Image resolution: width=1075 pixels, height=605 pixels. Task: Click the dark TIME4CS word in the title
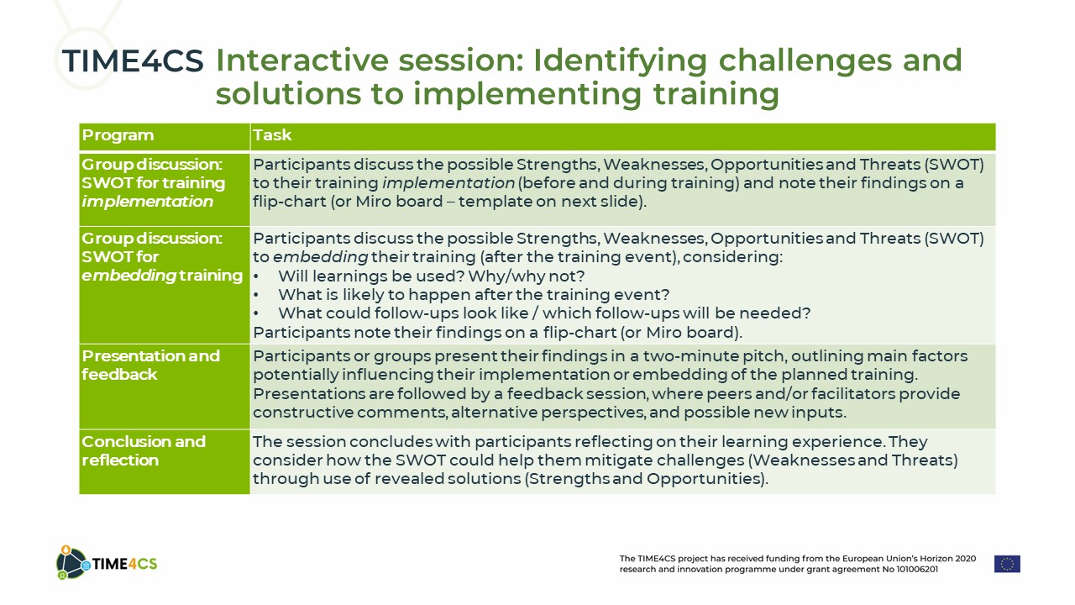(133, 61)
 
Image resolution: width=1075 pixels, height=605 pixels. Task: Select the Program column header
(118, 135)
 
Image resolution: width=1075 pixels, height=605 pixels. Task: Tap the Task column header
(272, 134)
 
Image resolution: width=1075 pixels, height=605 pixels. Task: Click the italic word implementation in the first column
(147, 202)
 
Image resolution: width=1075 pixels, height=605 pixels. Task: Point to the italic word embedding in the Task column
(320, 257)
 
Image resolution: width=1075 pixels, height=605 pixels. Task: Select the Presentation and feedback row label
(150, 365)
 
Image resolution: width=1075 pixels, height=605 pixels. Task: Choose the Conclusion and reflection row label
(144, 451)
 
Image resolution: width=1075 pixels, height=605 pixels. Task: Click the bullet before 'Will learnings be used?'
(256, 277)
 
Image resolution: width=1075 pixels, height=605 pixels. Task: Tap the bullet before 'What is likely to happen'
(256, 295)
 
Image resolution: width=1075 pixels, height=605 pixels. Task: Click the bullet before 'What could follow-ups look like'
(256, 314)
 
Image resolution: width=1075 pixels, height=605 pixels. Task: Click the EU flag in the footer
(1007, 564)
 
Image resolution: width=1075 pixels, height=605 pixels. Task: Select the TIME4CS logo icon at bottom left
(72, 562)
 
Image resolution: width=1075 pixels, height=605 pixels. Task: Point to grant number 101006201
(916, 570)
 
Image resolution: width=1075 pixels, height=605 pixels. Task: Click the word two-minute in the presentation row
(690, 355)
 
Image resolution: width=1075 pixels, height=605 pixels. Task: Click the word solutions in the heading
(288, 93)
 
